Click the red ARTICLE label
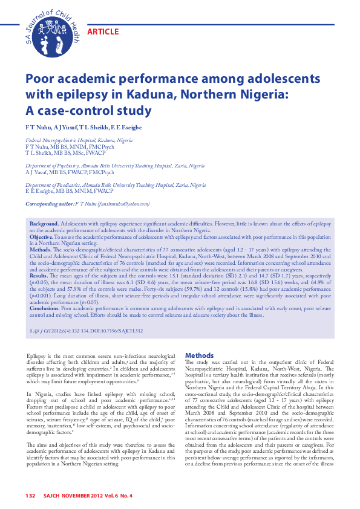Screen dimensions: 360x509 point(103,31)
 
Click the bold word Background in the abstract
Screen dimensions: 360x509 point(44,224)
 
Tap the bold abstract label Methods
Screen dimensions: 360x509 point(41,248)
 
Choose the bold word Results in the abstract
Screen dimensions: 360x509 point(40,274)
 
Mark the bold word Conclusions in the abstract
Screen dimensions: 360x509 point(47,308)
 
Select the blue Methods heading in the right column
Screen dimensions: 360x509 point(200,355)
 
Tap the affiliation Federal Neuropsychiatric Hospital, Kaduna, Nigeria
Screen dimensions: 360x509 point(79,140)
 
